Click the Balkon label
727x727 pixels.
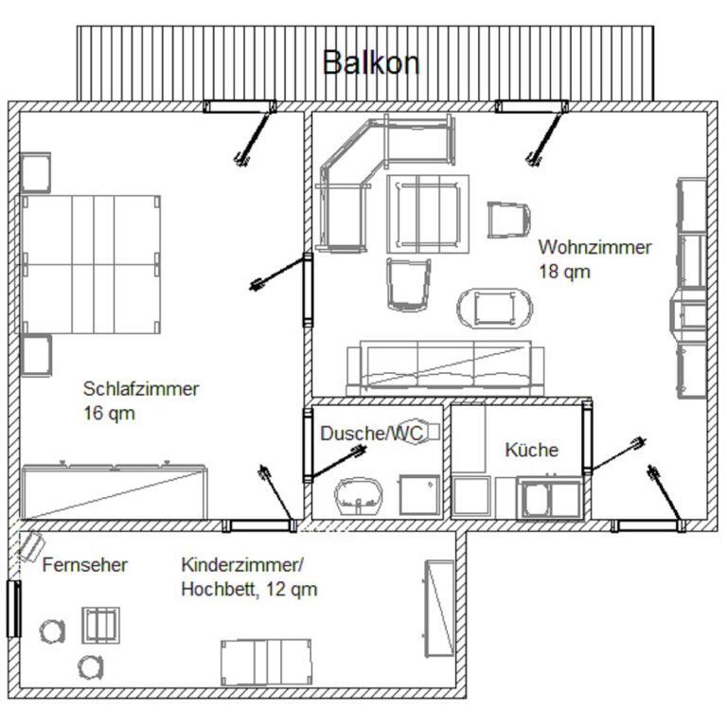coord(371,62)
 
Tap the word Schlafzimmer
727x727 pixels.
coord(141,388)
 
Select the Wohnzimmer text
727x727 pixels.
coord(594,247)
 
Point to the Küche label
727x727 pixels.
coord(531,450)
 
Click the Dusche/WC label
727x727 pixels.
coord(371,433)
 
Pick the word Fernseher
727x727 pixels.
coord(85,565)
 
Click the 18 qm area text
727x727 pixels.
coord(564,272)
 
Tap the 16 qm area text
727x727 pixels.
coord(109,413)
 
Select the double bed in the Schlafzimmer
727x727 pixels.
coord(91,264)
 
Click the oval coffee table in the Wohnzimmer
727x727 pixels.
coord(495,309)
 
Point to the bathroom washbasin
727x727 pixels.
coord(359,496)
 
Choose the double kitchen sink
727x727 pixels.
coord(550,498)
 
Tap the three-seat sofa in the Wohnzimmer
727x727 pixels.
coord(446,368)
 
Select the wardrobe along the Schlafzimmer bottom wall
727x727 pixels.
coord(114,490)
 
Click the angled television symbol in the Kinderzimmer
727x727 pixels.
coord(30,546)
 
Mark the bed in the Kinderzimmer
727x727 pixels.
coord(266,663)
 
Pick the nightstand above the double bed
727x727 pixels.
coord(35,172)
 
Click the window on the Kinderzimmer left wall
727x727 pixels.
coord(14,609)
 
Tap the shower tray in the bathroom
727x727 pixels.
coord(419,495)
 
